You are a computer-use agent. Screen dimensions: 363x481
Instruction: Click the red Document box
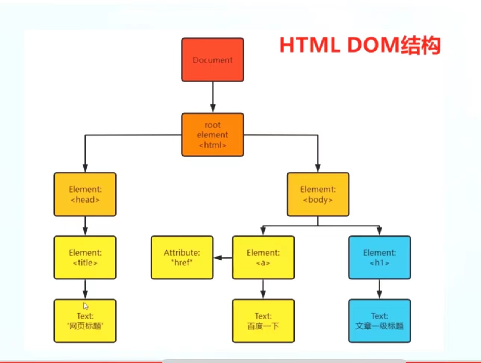click(x=212, y=60)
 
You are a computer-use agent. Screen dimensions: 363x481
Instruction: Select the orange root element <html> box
click(x=212, y=135)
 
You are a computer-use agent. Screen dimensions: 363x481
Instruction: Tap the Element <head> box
click(x=85, y=194)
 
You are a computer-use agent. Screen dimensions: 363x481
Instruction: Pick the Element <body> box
click(x=318, y=194)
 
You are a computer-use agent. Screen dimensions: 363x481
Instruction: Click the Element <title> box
click(x=85, y=257)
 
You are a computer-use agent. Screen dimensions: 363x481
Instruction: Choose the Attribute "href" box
click(x=182, y=257)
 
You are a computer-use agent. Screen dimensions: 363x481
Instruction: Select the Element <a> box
click(x=263, y=257)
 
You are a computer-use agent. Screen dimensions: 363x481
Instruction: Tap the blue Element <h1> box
click(x=379, y=257)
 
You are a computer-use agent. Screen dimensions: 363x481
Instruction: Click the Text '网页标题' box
click(x=85, y=321)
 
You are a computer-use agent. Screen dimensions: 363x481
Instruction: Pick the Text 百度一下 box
click(x=263, y=321)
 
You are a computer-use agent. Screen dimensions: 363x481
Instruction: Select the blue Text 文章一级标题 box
click(x=379, y=321)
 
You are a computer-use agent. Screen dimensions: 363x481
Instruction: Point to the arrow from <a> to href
click(x=223, y=257)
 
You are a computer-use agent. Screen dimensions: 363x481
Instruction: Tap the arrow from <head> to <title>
click(x=85, y=226)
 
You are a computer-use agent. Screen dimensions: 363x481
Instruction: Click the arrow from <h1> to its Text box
click(x=379, y=289)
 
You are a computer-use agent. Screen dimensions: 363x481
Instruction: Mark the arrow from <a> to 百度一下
click(x=263, y=289)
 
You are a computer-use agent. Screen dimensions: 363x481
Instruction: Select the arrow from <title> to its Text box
click(x=85, y=289)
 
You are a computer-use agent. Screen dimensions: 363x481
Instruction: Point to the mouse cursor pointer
click(x=86, y=306)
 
